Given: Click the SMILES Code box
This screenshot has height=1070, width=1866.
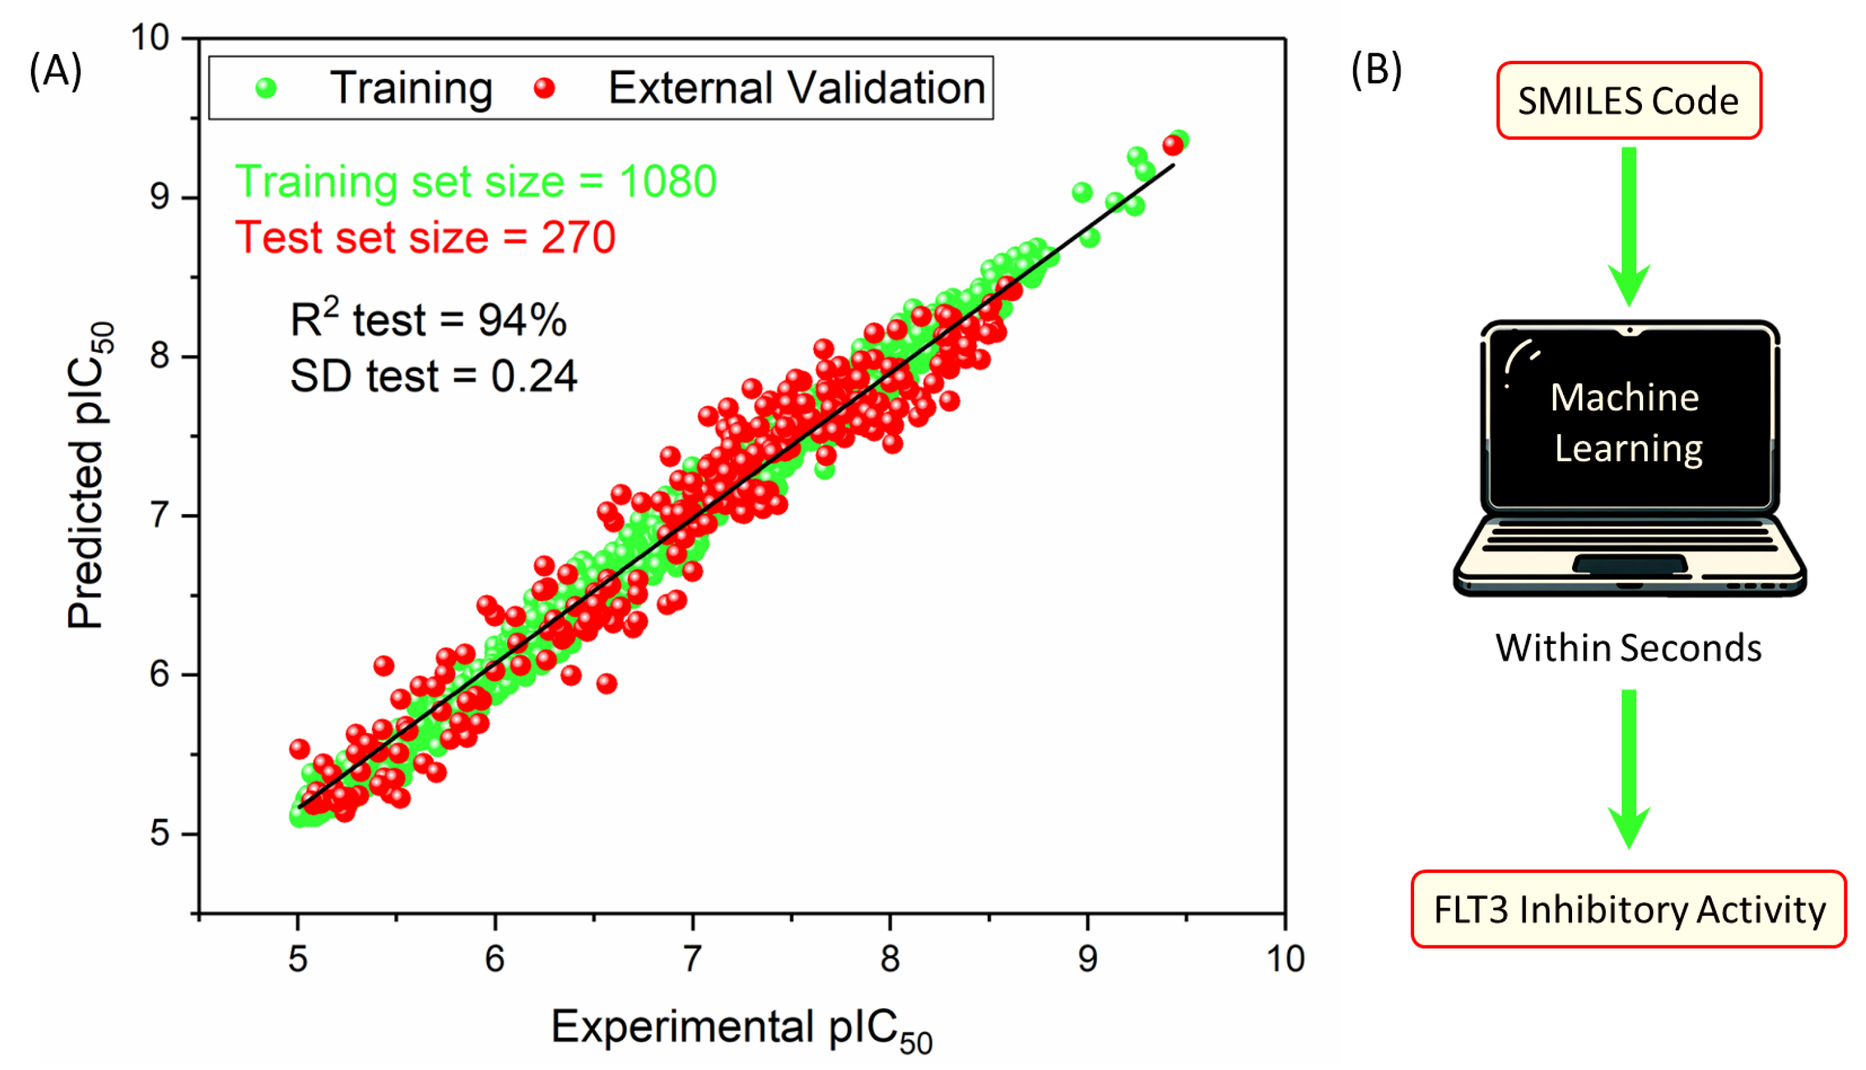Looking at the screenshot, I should click(x=1628, y=101).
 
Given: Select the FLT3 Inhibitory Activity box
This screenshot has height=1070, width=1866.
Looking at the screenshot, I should click(x=1628, y=909).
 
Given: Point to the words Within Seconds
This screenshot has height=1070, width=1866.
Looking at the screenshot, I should click(x=1628, y=648).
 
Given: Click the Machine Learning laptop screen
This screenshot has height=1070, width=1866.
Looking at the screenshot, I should click(x=1628, y=422).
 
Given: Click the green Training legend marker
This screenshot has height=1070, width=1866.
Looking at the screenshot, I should click(x=265, y=88).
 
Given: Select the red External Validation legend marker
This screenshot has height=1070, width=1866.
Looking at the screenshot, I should click(x=544, y=88).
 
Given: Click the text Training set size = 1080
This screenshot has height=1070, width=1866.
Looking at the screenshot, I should click(x=476, y=181).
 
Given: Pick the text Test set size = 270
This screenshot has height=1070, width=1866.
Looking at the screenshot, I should click(x=425, y=237).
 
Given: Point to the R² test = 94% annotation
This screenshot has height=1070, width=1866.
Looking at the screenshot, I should click(x=428, y=319).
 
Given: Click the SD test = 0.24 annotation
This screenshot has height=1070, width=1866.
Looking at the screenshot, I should click(x=434, y=376).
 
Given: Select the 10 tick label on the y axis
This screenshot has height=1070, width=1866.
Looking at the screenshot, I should click(x=150, y=37).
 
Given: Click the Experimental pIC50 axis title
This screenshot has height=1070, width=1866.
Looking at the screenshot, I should click(x=741, y=1029).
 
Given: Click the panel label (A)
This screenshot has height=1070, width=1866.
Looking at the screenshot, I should click(x=55, y=72).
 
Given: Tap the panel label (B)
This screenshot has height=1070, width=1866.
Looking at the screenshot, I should click(x=1376, y=71).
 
